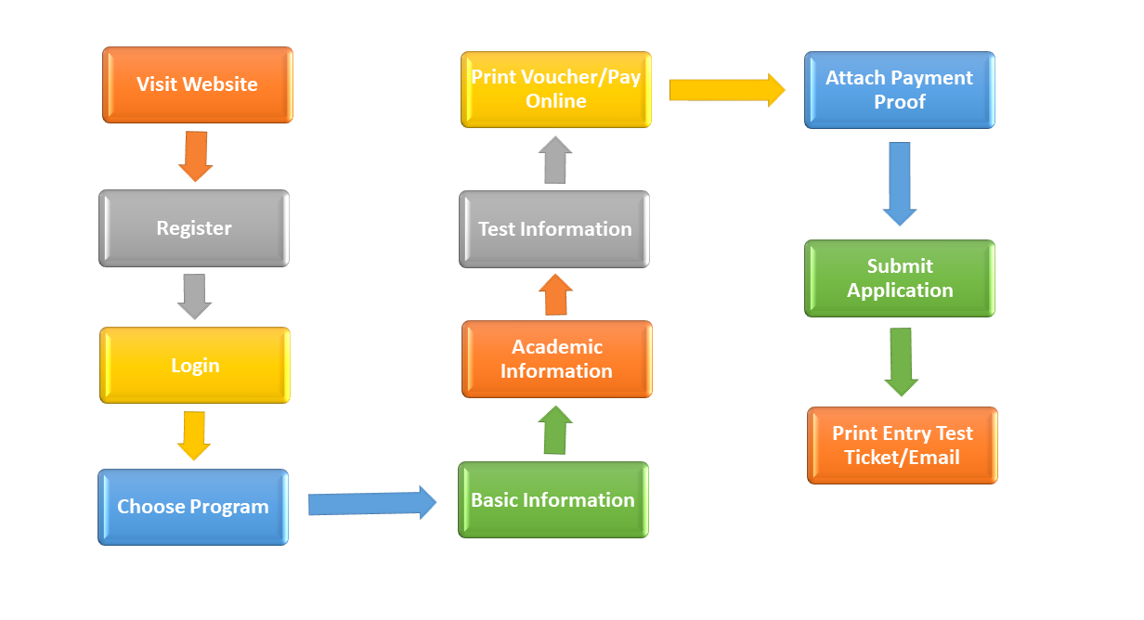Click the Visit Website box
(198, 84)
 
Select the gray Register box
(194, 228)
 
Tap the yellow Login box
(195, 366)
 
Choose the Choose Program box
(193, 507)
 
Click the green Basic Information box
(553, 500)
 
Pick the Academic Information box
(557, 359)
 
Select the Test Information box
(554, 229)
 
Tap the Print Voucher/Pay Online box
(556, 89)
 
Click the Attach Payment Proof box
(900, 90)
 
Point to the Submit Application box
(900, 278)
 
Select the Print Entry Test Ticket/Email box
(903, 446)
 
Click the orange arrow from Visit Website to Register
(196, 156)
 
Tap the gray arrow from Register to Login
(195, 296)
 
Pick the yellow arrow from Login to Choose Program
(194, 436)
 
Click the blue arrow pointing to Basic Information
(372, 503)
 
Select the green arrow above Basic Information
(555, 430)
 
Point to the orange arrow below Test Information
(555, 294)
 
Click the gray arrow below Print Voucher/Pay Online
(555, 160)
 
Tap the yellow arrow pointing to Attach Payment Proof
(727, 90)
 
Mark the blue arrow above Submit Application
(900, 184)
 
